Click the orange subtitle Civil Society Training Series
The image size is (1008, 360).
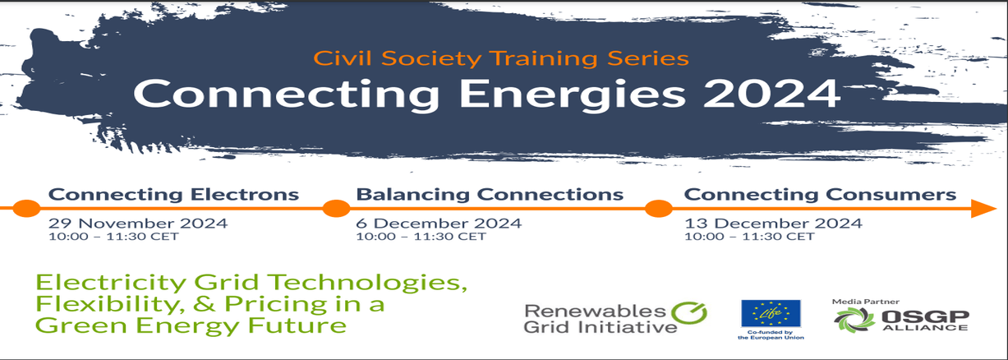pos(501,59)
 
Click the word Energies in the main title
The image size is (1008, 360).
pos(573,95)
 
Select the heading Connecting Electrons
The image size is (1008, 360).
pos(173,195)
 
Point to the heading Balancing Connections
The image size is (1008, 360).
pos(490,195)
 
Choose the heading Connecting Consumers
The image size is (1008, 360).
pos(820,195)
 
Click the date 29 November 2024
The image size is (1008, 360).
pos(138,224)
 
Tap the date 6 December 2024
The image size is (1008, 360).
pos(439,224)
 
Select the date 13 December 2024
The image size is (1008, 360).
pos(773,224)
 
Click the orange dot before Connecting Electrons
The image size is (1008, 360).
pos(26,208)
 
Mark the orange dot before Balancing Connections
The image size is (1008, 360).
pos(336,208)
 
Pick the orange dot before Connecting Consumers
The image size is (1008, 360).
pos(658,208)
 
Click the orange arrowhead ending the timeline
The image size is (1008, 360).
pos(983,208)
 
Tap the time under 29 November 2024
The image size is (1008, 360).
pos(113,237)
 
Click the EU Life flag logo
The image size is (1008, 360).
pos(771,313)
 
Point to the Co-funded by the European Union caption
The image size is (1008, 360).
pos(771,335)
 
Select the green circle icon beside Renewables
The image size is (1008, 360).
pos(689,313)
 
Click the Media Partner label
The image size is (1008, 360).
pos(865,302)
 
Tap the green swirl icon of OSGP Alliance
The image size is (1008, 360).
pos(854,321)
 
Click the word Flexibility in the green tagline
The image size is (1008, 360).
pos(109,304)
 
